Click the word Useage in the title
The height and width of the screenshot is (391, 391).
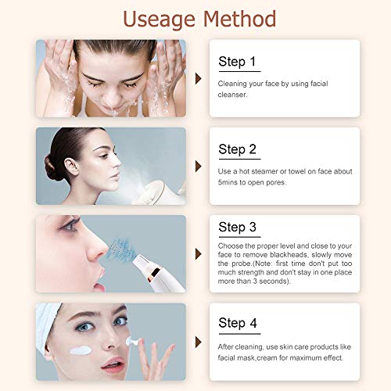(x=159, y=20)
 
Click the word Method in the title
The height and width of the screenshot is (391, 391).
(x=239, y=19)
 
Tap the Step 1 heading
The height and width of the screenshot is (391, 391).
(x=237, y=62)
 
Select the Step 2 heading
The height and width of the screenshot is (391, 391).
(x=238, y=150)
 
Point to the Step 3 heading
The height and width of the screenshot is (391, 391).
(x=238, y=228)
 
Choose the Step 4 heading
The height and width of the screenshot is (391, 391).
(x=238, y=323)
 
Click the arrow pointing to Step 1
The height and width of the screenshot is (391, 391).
(x=199, y=78)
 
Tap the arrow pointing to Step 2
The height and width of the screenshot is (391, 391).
(x=199, y=167)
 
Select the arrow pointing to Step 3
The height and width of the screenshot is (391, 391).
(x=199, y=254)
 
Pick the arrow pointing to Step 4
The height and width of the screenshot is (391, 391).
(x=199, y=342)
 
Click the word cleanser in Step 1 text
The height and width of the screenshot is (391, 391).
(x=232, y=95)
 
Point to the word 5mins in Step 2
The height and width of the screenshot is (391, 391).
(x=228, y=182)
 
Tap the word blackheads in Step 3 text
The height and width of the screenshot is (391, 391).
(x=289, y=255)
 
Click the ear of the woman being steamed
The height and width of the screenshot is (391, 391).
(x=71, y=167)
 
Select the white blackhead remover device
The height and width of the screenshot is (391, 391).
(x=158, y=273)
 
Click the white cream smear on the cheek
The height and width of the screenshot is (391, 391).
(x=81, y=350)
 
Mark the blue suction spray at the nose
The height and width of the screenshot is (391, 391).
(x=123, y=248)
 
